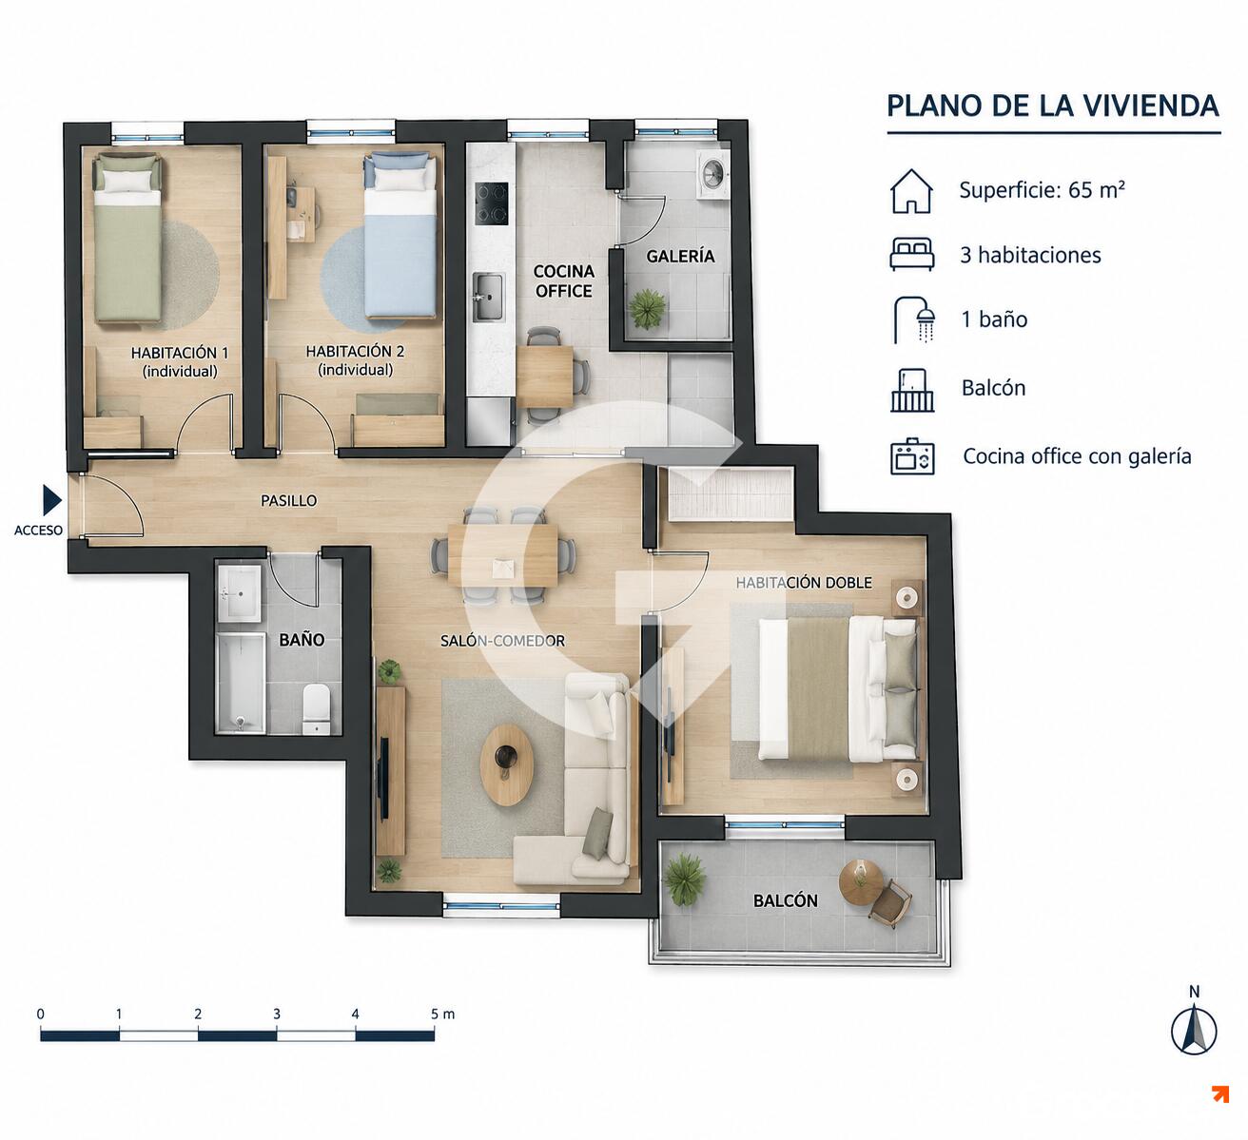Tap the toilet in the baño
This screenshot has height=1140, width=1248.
point(316,708)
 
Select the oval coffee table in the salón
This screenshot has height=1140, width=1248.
point(507,764)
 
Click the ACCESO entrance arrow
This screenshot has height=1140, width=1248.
point(52,500)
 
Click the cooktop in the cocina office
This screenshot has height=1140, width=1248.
point(492,203)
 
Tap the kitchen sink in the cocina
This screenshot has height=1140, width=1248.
point(488,297)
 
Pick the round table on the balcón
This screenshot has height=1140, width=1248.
point(861,883)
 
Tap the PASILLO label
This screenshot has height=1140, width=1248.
point(288,501)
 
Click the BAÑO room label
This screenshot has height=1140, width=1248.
point(302,639)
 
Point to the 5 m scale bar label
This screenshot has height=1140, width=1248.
point(443,1014)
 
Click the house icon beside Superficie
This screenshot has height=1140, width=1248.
point(911,191)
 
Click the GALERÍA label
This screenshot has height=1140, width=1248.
point(680,256)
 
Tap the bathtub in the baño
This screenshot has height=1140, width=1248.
point(240,684)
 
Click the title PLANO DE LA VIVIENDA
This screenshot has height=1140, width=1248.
point(1053,106)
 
